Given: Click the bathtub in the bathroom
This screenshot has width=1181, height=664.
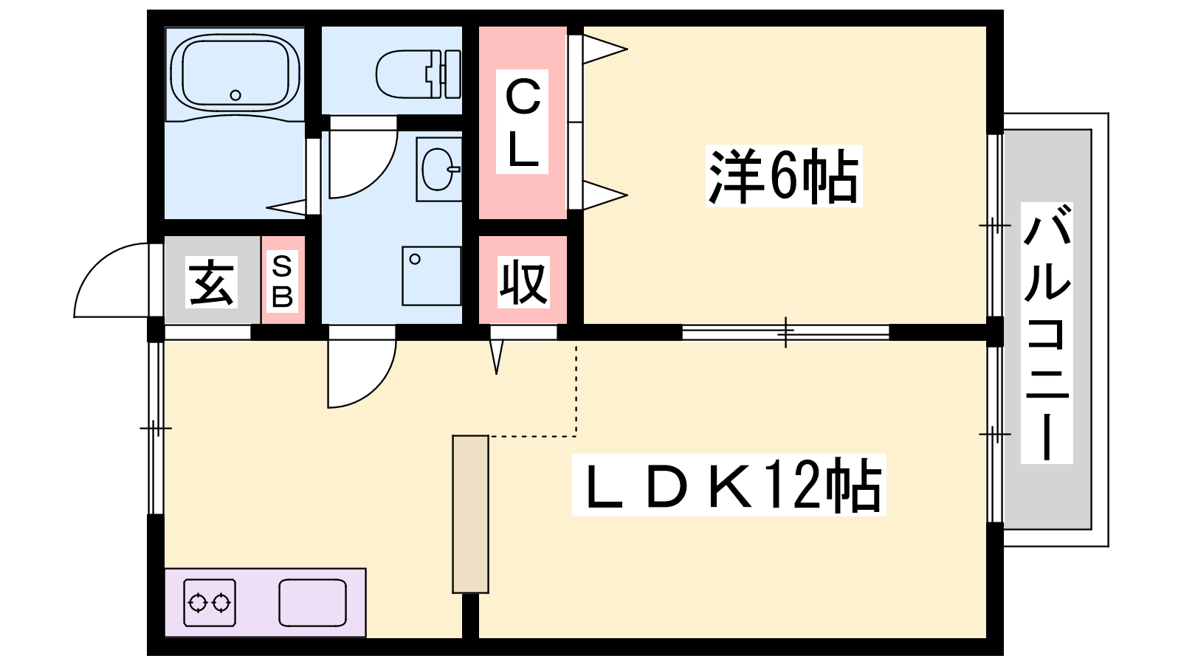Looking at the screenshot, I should coord(235,72).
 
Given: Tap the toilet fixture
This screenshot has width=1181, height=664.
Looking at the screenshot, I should coord(418,73).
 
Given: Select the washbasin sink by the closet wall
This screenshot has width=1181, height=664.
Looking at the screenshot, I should coord(438,169).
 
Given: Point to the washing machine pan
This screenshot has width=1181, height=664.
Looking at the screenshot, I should coord(431,276).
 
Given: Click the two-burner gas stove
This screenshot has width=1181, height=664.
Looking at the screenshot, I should coord(210,603).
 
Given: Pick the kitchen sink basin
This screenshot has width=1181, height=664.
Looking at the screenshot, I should coord(312,603).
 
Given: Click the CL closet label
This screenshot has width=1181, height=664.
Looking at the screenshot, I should coord(523,122).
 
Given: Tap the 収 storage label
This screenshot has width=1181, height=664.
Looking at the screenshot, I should coord(523,282).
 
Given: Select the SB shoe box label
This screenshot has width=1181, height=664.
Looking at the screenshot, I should coord(283,280).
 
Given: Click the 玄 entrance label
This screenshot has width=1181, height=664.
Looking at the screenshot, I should coord(211,282).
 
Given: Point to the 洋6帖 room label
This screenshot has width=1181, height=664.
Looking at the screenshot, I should coord(783,176).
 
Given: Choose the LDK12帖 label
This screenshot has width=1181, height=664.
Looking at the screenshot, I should coord(729,485).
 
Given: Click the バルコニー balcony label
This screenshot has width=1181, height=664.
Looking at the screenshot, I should coord(1047,332).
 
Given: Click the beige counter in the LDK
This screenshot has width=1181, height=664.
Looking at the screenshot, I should coord(470,513).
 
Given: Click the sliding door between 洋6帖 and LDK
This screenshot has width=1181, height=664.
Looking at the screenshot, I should coord(785,332).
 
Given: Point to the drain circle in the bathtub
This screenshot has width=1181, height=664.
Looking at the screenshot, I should coord(235,94).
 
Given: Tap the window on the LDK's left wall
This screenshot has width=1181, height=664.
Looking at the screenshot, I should coord(155,428).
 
